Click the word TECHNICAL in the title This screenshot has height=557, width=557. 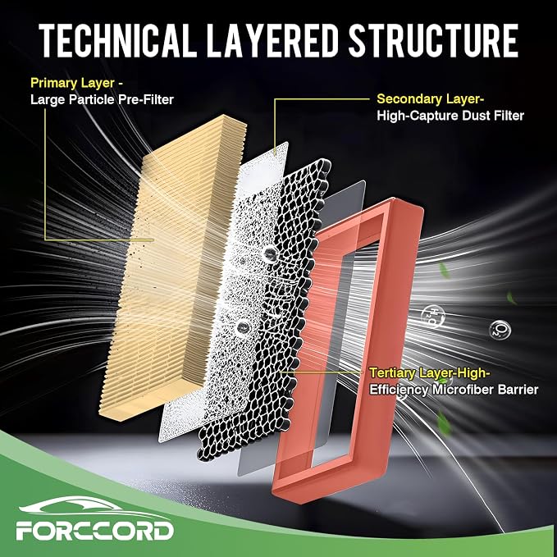[x=118, y=40]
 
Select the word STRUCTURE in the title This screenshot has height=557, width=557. [x=433, y=40]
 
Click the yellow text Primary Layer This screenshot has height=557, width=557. [x=72, y=84]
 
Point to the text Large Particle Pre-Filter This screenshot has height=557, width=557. [x=102, y=99]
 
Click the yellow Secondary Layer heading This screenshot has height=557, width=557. [x=430, y=99]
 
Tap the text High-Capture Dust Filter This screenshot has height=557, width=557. [x=450, y=116]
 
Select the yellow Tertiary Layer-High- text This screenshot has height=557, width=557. [x=430, y=373]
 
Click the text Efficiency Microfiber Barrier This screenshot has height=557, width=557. [x=454, y=390]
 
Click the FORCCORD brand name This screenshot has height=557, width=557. [x=94, y=532]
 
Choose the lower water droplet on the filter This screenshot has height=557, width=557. [x=244, y=326]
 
